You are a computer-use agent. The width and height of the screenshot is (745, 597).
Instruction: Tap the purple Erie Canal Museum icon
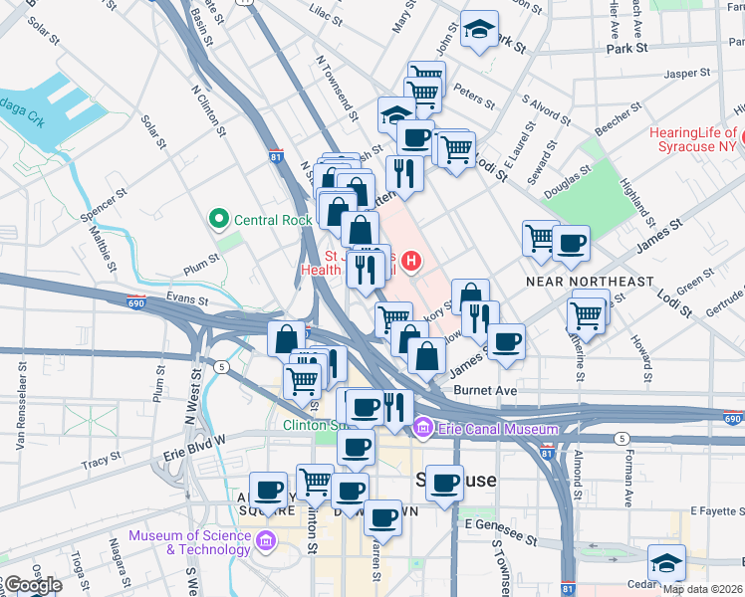[423, 429]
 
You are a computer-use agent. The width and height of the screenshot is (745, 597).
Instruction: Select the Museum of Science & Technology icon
[265, 541]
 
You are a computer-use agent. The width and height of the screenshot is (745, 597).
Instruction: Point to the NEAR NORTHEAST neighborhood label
[590, 283]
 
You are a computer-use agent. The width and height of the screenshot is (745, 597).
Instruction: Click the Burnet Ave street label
[485, 391]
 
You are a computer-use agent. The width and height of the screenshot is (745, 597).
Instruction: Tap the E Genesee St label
[499, 523]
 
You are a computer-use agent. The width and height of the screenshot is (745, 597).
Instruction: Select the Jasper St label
[686, 73]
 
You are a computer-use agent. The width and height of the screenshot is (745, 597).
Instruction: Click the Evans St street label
[186, 298]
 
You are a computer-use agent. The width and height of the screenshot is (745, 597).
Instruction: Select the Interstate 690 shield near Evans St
[134, 302]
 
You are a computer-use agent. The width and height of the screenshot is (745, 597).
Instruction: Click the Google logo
[32, 586]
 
